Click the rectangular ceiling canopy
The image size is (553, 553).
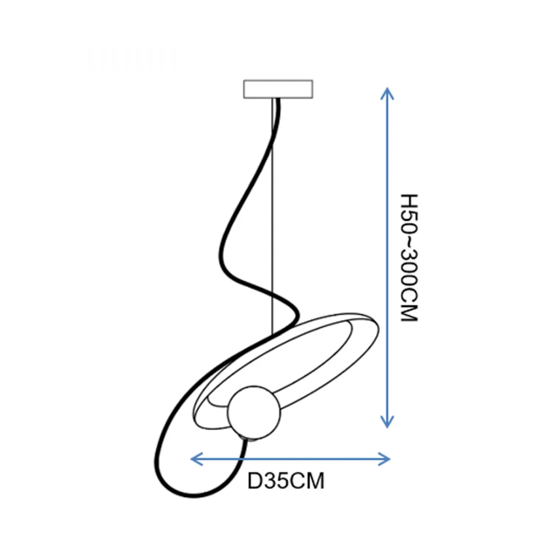point(278,89)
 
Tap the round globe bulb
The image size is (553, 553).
point(254,413)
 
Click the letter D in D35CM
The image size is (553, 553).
point(254,481)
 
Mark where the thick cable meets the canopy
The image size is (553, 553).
point(277,99)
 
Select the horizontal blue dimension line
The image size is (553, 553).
point(291,459)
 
